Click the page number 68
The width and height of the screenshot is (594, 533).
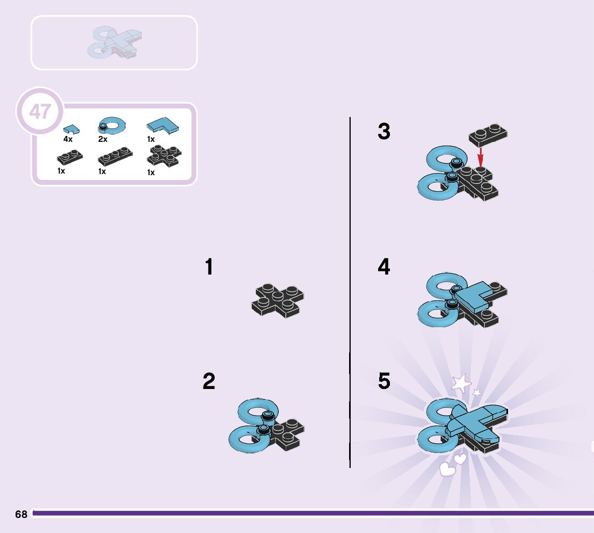21,514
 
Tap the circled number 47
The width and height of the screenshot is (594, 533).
40,112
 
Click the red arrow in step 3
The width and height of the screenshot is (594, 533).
481,157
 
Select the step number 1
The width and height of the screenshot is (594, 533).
209,268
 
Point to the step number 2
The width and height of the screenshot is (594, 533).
209,382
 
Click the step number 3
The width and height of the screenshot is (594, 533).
384,132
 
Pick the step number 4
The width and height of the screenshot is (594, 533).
384,267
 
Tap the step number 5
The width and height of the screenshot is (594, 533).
384,381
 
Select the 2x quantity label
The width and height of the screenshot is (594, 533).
103,139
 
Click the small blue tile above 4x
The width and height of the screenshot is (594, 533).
70,129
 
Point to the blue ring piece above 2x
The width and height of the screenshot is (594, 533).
112,125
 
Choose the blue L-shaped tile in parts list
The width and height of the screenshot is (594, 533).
163,126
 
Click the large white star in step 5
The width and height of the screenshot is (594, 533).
461,384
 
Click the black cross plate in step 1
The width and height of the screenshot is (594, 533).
277,300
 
